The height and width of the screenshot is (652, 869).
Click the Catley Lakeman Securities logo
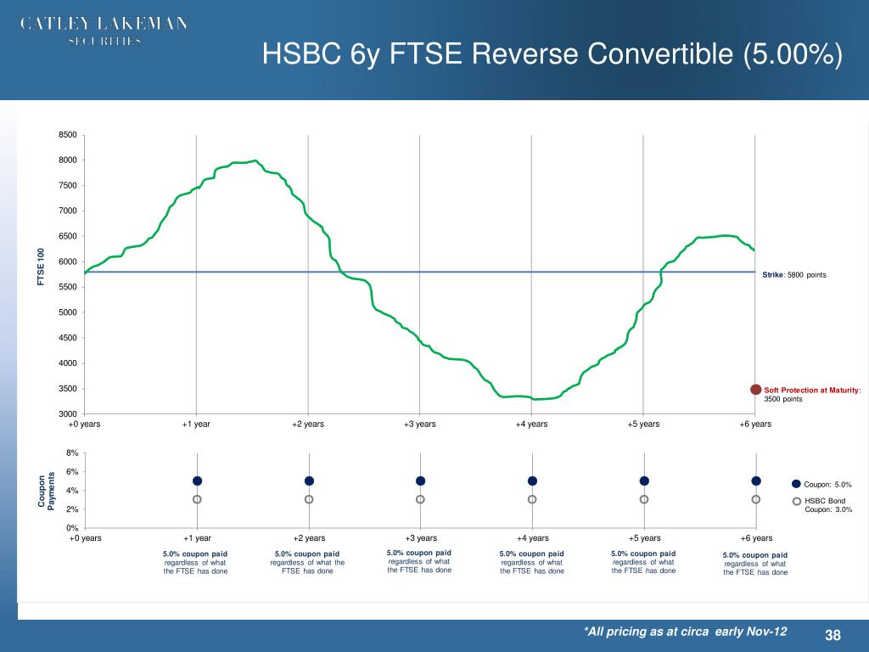104,31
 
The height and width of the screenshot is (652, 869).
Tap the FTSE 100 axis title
40,267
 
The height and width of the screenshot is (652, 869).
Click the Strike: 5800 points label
793,275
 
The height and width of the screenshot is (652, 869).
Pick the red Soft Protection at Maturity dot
755,389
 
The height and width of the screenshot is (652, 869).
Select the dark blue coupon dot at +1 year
197,481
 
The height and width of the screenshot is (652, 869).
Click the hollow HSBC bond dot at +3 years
420,499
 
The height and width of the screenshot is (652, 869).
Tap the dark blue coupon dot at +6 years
755,481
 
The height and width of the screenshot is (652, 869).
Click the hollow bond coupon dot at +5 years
644,499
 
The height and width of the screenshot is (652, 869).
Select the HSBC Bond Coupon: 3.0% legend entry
827,504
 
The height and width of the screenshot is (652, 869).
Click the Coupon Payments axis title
45,491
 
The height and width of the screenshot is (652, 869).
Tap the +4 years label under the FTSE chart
531,424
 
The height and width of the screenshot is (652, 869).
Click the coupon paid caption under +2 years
307,563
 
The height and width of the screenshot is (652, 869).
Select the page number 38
832,636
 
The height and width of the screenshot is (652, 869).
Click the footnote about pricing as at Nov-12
685,631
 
